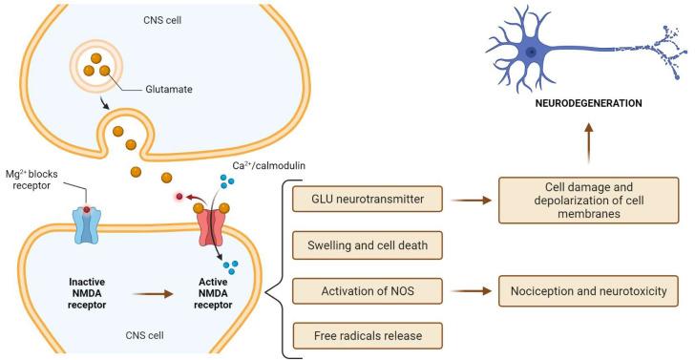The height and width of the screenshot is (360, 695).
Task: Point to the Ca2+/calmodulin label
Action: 264,165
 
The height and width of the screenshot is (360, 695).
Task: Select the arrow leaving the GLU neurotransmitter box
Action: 470,201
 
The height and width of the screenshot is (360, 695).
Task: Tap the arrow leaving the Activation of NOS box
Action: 470,290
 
